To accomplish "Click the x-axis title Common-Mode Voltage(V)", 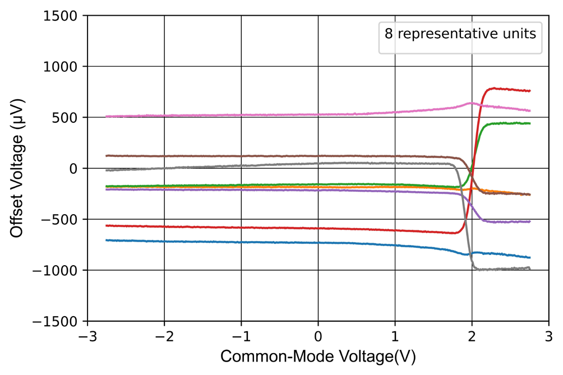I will coord(318,357).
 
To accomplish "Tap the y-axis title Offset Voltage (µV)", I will coord(18,169).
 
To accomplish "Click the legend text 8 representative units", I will coord(460,33).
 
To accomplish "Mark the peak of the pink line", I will coord(470,103).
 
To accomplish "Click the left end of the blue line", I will coord(107,240).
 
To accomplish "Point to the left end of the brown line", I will coord(107,155).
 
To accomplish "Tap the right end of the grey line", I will coord(530,268).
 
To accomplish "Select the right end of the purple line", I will coord(530,221).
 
